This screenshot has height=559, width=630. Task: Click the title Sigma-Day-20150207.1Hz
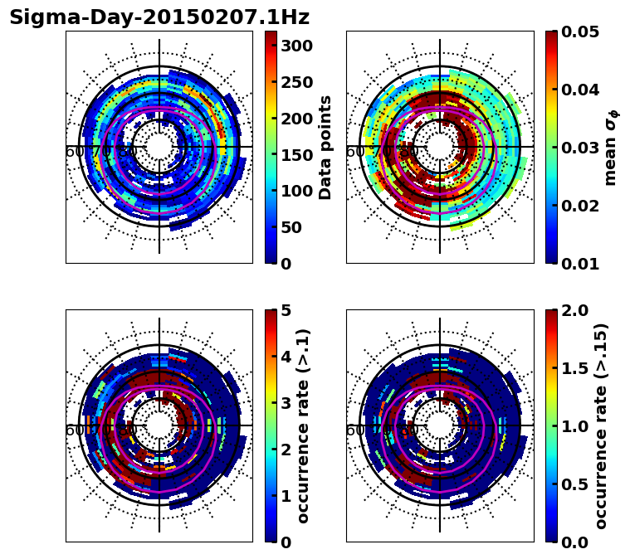point(159,17)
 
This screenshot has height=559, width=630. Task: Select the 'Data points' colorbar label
point(325,147)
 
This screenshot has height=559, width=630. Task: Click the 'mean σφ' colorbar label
point(610,147)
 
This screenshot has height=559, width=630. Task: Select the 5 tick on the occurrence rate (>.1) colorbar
point(286,310)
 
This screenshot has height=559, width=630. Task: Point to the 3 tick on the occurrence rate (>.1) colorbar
point(286,403)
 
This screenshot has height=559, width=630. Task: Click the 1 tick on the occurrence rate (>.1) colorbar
point(286,496)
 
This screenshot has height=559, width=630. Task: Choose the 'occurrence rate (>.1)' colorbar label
point(304,425)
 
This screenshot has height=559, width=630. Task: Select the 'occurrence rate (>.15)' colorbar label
point(602,425)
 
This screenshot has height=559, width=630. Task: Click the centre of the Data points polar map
point(159,147)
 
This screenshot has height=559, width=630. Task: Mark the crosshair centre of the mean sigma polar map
point(440,147)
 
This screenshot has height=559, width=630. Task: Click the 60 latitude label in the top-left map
point(74,152)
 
